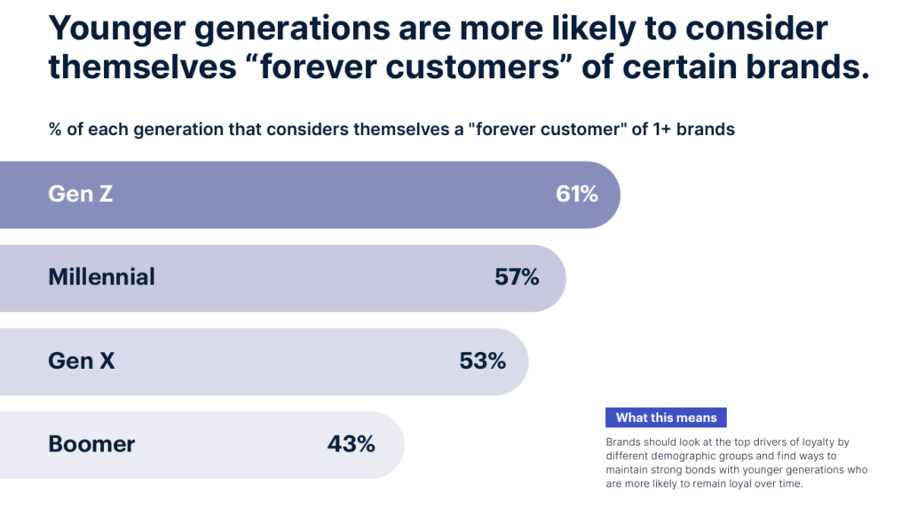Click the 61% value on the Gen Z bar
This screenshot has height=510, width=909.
point(577,194)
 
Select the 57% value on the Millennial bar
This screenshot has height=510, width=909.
point(517,277)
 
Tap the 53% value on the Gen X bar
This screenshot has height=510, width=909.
point(482,361)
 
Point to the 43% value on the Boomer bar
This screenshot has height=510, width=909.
point(351,444)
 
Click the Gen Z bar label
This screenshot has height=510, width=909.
point(81,194)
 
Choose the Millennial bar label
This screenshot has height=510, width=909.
point(101,277)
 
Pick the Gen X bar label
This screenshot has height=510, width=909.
point(81,361)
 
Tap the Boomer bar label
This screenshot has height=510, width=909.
point(91,444)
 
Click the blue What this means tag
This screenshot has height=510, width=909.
point(666,418)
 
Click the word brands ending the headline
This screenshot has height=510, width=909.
point(808,67)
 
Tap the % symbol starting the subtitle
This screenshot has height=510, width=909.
point(55,129)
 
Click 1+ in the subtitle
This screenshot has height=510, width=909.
point(661,129)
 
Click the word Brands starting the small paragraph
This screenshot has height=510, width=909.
point(622,442)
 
